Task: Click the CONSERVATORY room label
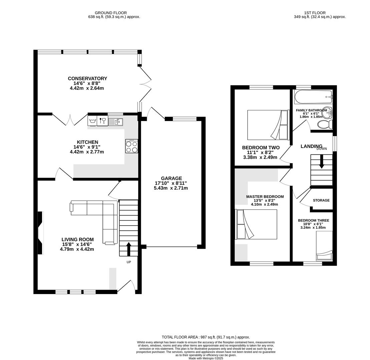click(87, 79)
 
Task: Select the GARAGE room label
click(171, 178)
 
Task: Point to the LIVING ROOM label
click(77, 239)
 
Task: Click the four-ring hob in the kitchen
click(131, 147)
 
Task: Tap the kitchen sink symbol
click(116, 122)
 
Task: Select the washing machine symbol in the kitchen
click(92, 121)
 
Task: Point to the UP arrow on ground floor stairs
click(129, 248)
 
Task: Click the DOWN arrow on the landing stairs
click(322, 163)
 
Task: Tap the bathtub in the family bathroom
click(313, 97)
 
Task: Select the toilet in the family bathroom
click(325, 125)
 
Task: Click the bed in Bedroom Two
click(268, 125)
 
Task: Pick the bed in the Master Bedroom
click(256, 224)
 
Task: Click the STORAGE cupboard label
click(321, 200)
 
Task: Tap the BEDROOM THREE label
click(313, 220)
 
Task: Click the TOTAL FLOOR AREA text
click(206, 337)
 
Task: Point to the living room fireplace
click(40, 233)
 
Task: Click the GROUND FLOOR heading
click(111, 13)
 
